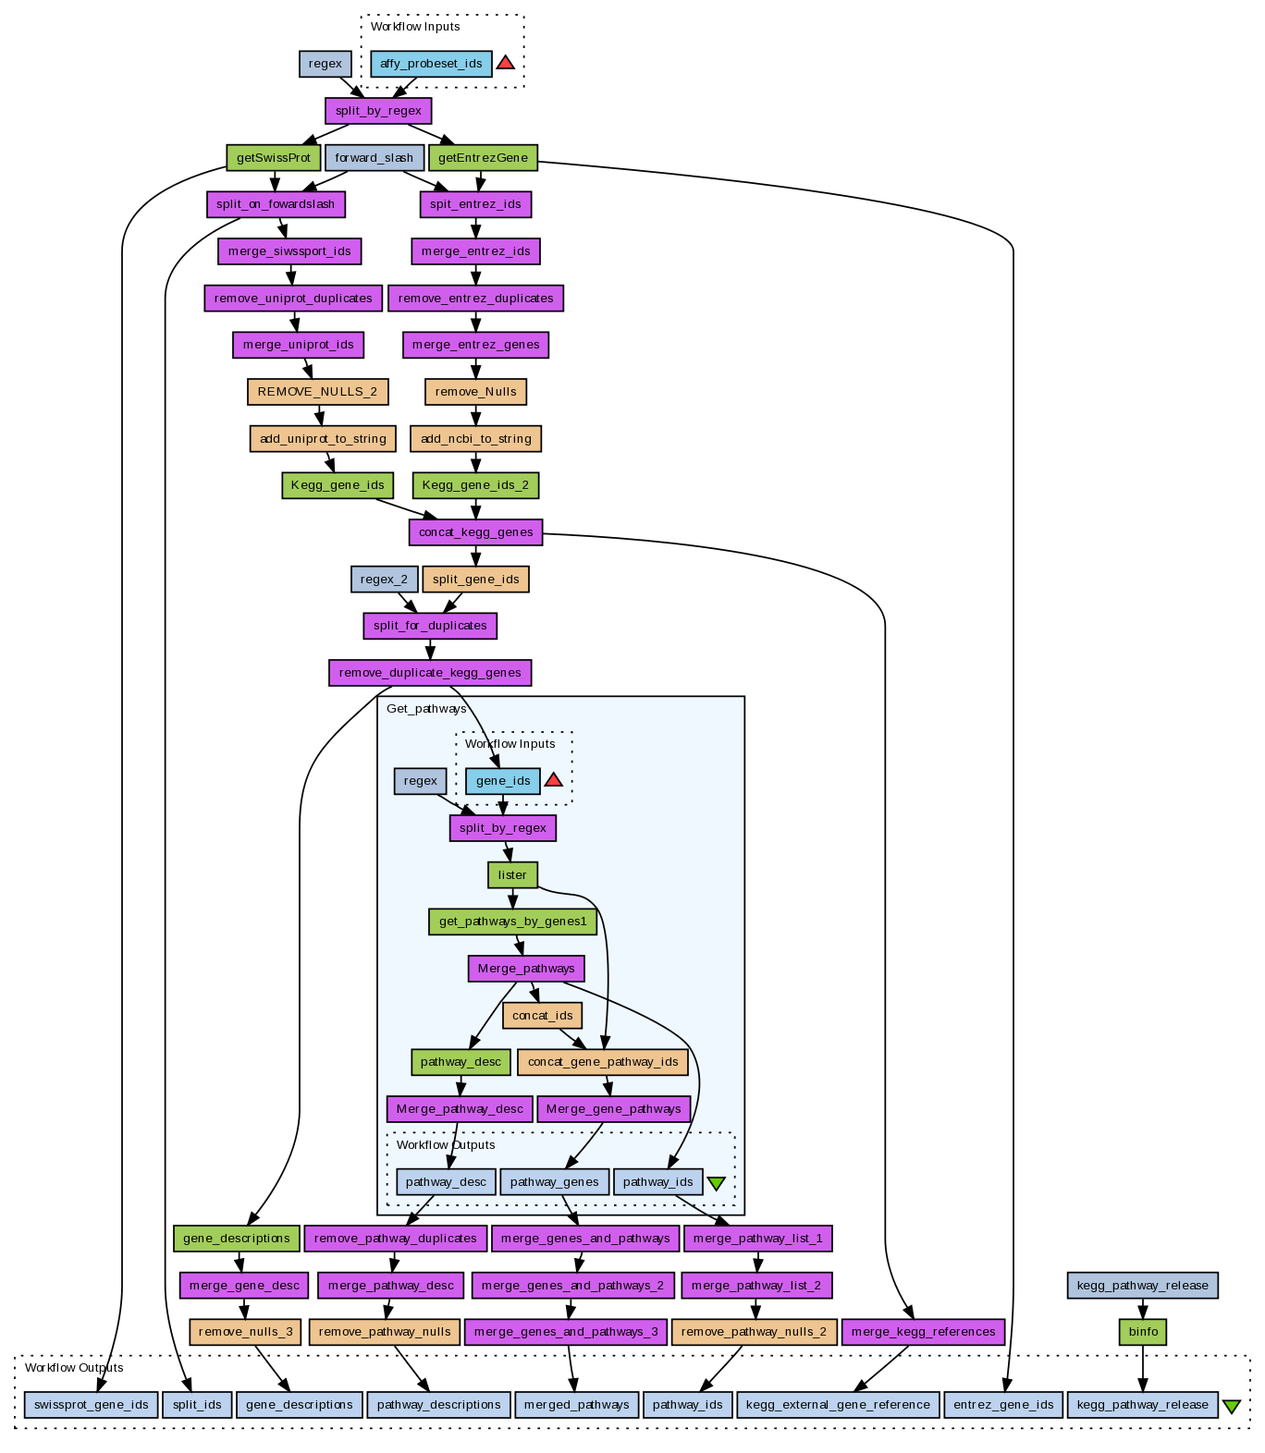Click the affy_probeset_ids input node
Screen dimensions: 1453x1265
click(x=431, y=64)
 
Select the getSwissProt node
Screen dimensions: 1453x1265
click(x=274, y=158)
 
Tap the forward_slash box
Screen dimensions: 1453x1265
click(x=375, y=158)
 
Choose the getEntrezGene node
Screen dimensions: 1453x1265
click(x=483, y=158)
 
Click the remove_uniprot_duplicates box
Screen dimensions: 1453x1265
click(x=293, y=299)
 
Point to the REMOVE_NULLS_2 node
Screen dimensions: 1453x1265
click(x=317, y=392)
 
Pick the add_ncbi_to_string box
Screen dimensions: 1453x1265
click(x=475, y=439)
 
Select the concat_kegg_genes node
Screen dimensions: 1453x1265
click(x=475, y=532)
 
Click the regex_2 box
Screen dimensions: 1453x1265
click(x=384, y=580)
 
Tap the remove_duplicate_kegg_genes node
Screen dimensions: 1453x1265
click(x=430, y=673)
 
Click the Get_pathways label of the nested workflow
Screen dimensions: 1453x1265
click(x=426, y=709)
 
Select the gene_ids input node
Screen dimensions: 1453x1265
click(x=503, y=781)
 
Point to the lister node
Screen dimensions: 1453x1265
click(x=512, y=875)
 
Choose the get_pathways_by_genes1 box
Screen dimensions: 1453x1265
click(x=512, y=922)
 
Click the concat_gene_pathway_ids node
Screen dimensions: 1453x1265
click(x=603, y=1062)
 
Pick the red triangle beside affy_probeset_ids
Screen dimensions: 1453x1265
click(x=505, y=63)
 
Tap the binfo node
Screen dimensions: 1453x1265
click(x=1143, y=1332)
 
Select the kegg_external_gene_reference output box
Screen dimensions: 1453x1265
click(x=838, y=1405)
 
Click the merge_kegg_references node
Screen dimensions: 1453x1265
click(x=923, y=1332)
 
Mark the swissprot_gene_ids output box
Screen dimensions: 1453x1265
click(x=92, y=1405)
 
